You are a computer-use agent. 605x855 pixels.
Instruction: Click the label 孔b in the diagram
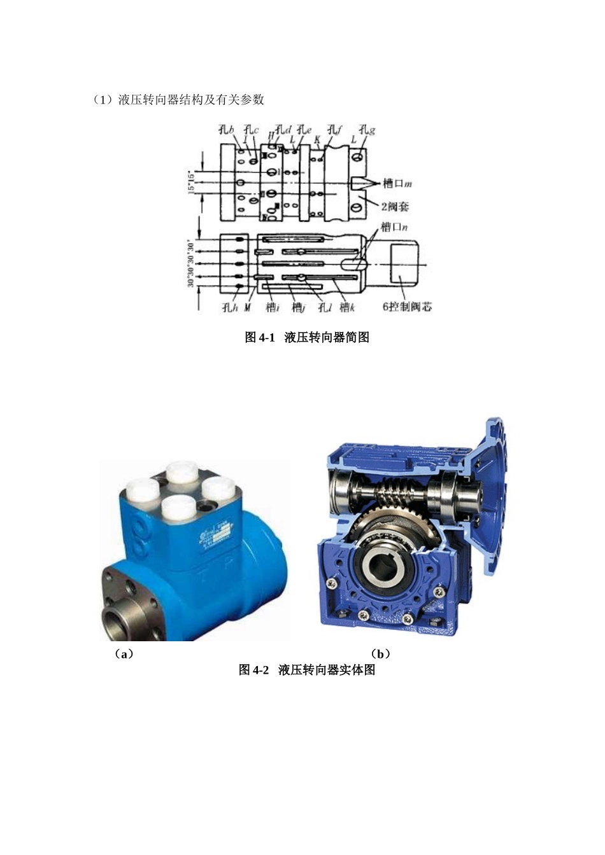pyautogui.click(x=226, y=130)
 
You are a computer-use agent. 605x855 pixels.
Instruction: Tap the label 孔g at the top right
pyautogui.click(x=366, y=130)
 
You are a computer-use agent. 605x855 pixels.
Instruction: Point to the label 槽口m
pyautogui.click(x=397, y=184)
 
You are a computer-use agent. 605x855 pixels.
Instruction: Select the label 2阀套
pyautogui.click(x=395, y=206)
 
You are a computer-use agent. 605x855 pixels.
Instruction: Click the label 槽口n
pyautogui.click(x=394, y=226)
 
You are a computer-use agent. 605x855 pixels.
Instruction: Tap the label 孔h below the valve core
pyautogui.click(x=229, y=308)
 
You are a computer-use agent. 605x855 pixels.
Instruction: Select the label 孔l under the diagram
pyautogui.click(x=325, y=308)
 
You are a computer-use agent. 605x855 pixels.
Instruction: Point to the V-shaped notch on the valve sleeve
pyautogui.click(x=360, y=183)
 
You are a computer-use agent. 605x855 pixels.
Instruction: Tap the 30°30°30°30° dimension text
pyautogui.click(x=190, y=263)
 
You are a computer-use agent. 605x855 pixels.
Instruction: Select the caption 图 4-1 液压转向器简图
pyautogui.click(x=307, y=337)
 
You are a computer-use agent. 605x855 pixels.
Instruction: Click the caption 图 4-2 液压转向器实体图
pyautogui.click(x=307, y=670)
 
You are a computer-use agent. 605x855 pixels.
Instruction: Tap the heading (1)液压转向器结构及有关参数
pyautogui.click(x=178, y=99)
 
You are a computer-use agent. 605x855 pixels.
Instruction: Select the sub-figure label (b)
pyautogui.click(x=381, y=654)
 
